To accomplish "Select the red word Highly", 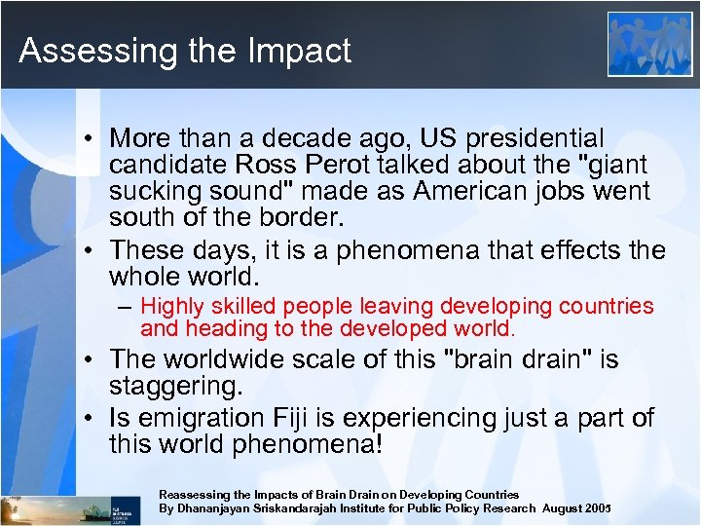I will click(x=172, y=307).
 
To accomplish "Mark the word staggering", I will click(x=176, y=388).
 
